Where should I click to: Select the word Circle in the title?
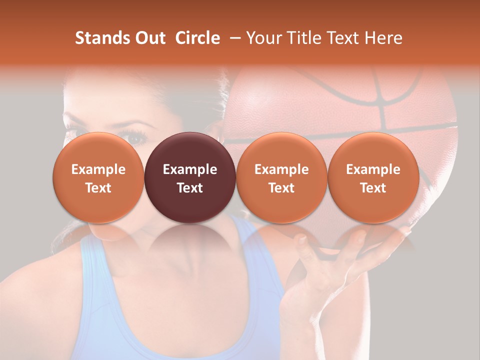pos(197,38)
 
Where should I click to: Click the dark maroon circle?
pos(190,150)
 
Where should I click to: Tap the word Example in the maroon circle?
pos(190,169)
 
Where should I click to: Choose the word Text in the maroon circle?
pos(190,188)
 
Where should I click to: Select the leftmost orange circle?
pos(98,150)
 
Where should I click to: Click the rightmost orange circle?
pos(373,150)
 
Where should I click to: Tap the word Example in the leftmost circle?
pos(98,169)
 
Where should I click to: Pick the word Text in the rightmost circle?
pos(373,188)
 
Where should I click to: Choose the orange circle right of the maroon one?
pos(281,150)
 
